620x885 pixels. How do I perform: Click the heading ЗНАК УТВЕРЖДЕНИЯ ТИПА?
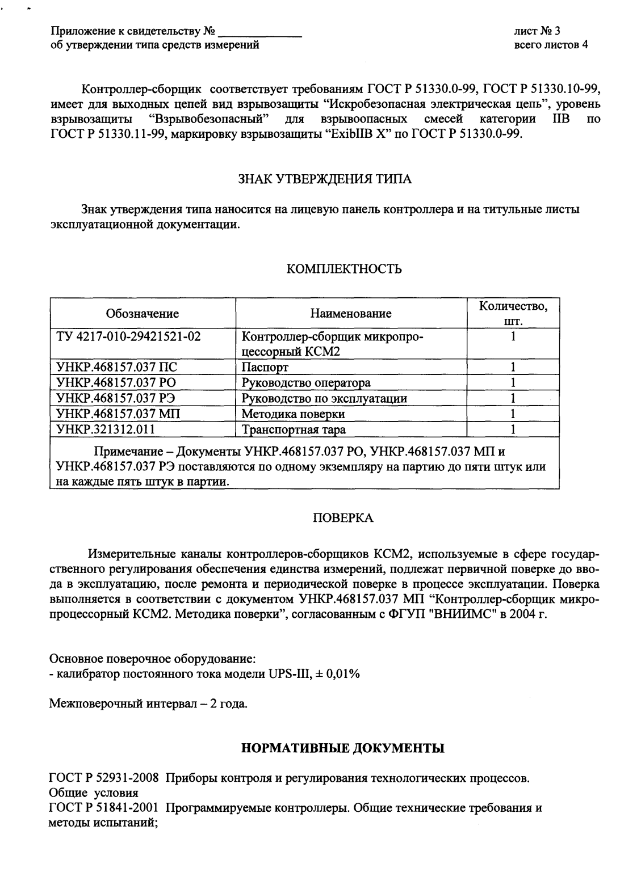(x=324, y=179)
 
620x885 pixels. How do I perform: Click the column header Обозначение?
(x=143, y=314)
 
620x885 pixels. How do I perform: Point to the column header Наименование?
(x=351, y=314)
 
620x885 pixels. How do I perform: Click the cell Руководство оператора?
(x=306, y=383)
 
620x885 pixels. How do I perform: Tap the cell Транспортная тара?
(x=294, y=429)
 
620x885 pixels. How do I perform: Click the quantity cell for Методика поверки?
(x=513, y=414)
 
